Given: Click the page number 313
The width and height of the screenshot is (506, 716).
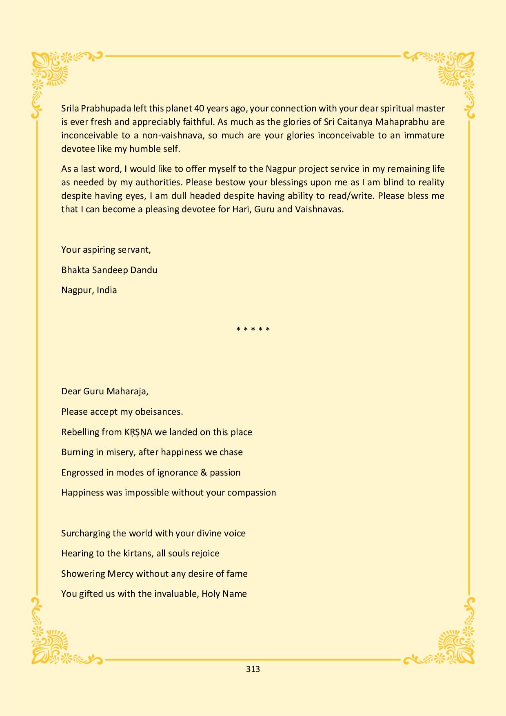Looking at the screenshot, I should pyautogui.click(x=253, y=669).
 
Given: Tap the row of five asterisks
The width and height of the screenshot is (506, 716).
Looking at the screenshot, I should pyautogui.click(x=253, y=329).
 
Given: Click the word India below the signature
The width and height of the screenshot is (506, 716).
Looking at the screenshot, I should pyautogui.click(x=107, y=290).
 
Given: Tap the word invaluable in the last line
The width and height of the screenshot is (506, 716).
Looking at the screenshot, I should pyautogui.click(x=176, y=594).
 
